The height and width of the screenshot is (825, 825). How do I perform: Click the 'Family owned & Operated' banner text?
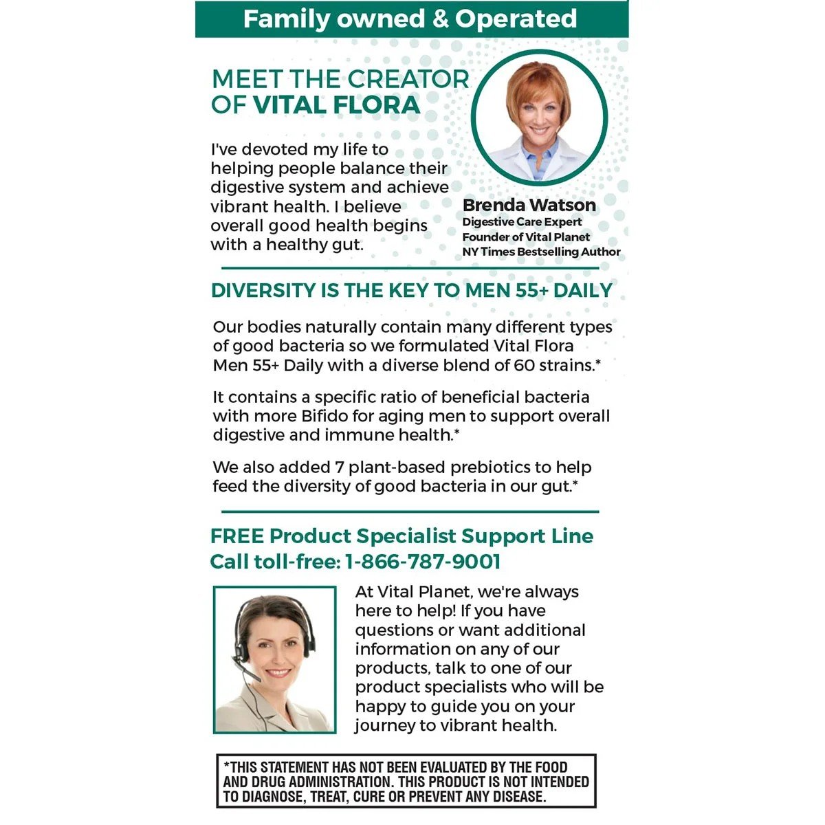[410, 19]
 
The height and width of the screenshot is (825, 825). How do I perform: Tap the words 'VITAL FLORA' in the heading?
[336, 105]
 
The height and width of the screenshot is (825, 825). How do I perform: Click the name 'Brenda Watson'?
[529, 205]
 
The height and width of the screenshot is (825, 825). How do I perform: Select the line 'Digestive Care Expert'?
[522, 222]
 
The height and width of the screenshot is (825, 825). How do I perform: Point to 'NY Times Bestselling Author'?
[541, 252]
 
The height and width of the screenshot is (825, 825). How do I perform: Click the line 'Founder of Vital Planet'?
[526, 237]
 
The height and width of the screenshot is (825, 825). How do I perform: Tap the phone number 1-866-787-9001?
[422, 562]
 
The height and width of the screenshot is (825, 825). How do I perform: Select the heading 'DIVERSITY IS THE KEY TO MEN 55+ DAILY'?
[411, 290]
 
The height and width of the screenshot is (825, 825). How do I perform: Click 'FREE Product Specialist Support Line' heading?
[401, 536]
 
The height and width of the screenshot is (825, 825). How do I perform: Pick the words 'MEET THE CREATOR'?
[340, 79]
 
